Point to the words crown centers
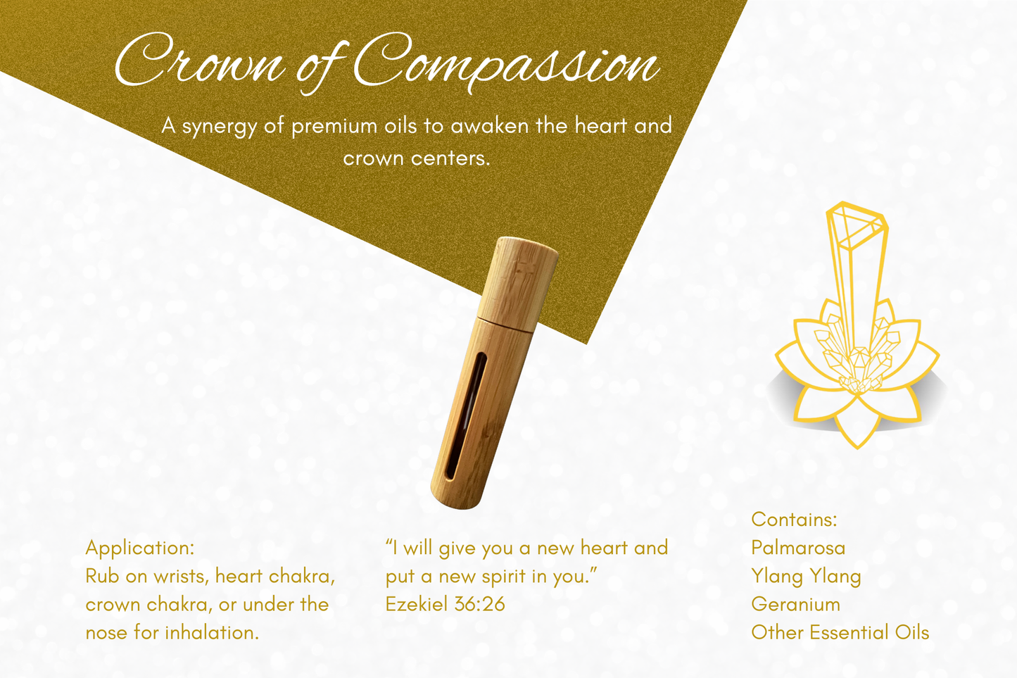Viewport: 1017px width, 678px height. pos(416,158)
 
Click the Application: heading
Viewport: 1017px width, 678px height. pos(139,548)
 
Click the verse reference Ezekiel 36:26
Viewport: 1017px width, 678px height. pos(445,604)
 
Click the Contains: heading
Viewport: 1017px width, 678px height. pos(794,520)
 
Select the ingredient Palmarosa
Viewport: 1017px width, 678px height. pos(798,548)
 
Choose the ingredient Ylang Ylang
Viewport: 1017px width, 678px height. pos(806,576)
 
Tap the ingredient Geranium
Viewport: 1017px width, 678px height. pos(795,604)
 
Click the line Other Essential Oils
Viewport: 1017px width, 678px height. pos(840,632)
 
